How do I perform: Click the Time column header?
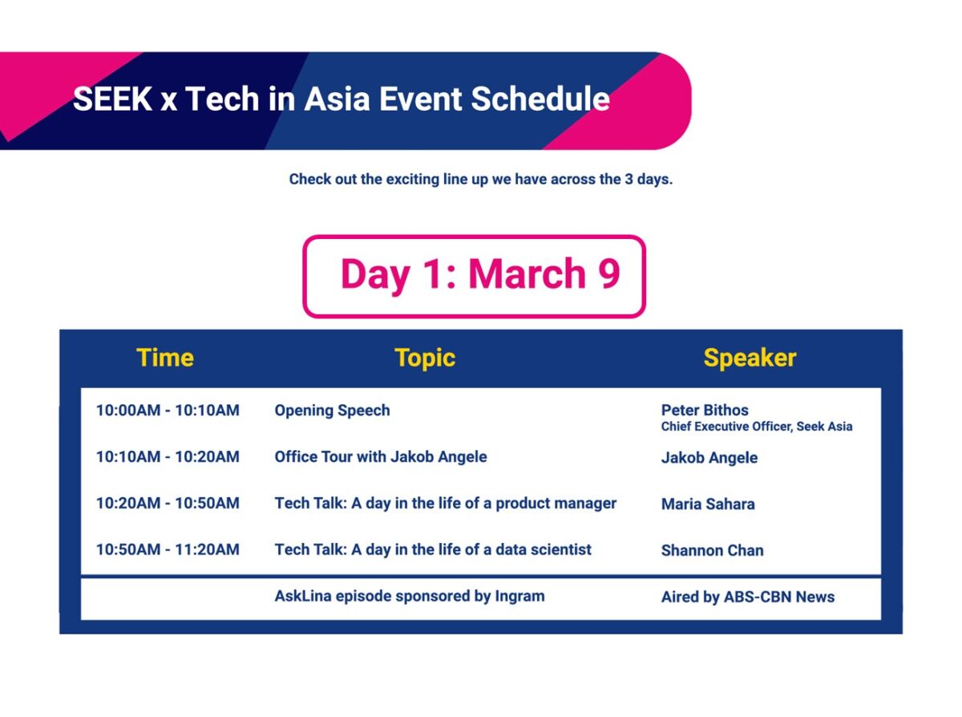(165, 358)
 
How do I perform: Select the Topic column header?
(425, 358)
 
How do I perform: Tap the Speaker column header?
(750, 358)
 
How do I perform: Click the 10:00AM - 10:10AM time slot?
(168, 410)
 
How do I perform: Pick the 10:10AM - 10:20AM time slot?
(168, 456)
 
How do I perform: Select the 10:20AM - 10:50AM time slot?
(168, 503)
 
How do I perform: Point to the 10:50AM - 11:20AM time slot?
(168, 549)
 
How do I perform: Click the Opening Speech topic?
(332, 411)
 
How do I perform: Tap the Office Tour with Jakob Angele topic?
(380, 457)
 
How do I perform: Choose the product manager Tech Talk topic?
(446, 504)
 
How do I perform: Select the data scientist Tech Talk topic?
(433, 549)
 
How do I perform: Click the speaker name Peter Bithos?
(705, 410)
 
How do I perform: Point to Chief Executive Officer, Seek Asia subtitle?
(757, 427)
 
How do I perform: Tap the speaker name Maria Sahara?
(708, 504)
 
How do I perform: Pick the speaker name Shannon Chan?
(712, 550)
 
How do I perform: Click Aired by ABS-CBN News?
(748, 597)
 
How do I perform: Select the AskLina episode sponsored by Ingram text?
(410, 597)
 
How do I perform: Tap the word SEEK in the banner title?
(112, 99)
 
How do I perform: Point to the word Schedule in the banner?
(540, 99)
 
